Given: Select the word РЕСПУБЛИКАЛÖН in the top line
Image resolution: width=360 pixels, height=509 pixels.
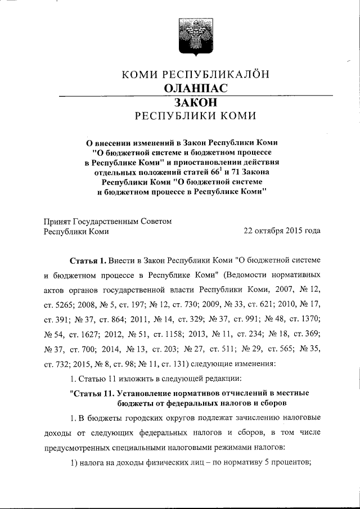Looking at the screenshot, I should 216,74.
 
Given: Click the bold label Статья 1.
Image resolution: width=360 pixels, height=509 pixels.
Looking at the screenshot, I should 87,261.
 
